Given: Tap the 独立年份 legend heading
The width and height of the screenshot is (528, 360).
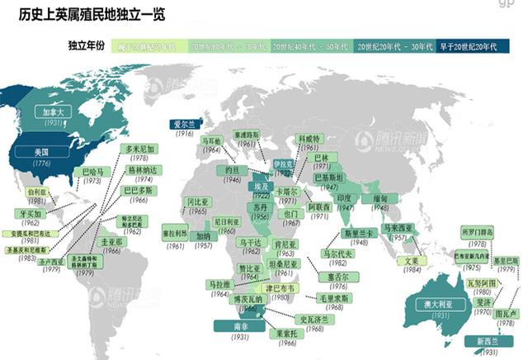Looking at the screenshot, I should coord(86,47).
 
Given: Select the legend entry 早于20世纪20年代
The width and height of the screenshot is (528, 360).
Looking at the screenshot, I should coord(466,48).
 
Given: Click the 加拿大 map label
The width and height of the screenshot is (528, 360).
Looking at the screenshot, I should coord(54,111).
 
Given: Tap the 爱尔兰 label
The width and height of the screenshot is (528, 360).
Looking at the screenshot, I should coord(183,123).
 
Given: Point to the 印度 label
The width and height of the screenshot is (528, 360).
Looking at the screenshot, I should coord(344,199).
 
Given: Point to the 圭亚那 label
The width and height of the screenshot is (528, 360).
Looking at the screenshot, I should coord(111,242).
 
